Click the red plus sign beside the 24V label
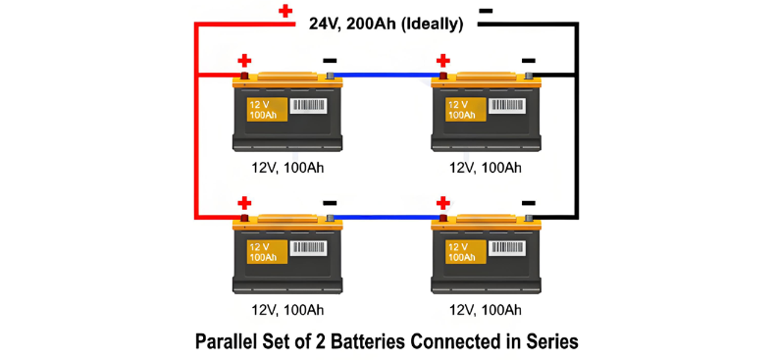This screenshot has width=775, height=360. (285, 11)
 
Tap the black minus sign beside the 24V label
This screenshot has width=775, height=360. (486, 11)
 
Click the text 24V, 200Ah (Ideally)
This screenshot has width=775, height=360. (386, 25)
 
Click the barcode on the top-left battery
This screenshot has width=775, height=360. (307, 106)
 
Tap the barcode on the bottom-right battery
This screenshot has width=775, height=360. (506, 248)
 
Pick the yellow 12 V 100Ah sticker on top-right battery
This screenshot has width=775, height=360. (466, 109)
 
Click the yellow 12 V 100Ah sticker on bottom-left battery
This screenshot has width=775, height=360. (268, 251)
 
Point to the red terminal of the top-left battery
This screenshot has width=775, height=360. (244, 76)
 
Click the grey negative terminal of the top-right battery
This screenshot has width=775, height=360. (529, 76)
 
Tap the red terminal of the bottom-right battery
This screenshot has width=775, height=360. (443, 218)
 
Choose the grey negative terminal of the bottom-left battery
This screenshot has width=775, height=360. (331, 218)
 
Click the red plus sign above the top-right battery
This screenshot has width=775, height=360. (443, 61)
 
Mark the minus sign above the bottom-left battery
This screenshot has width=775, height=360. (331, 203)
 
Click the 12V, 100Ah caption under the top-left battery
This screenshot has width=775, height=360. (287, 168)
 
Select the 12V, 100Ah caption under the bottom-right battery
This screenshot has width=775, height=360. (486, 310)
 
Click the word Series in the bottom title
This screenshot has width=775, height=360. (553, 342)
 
